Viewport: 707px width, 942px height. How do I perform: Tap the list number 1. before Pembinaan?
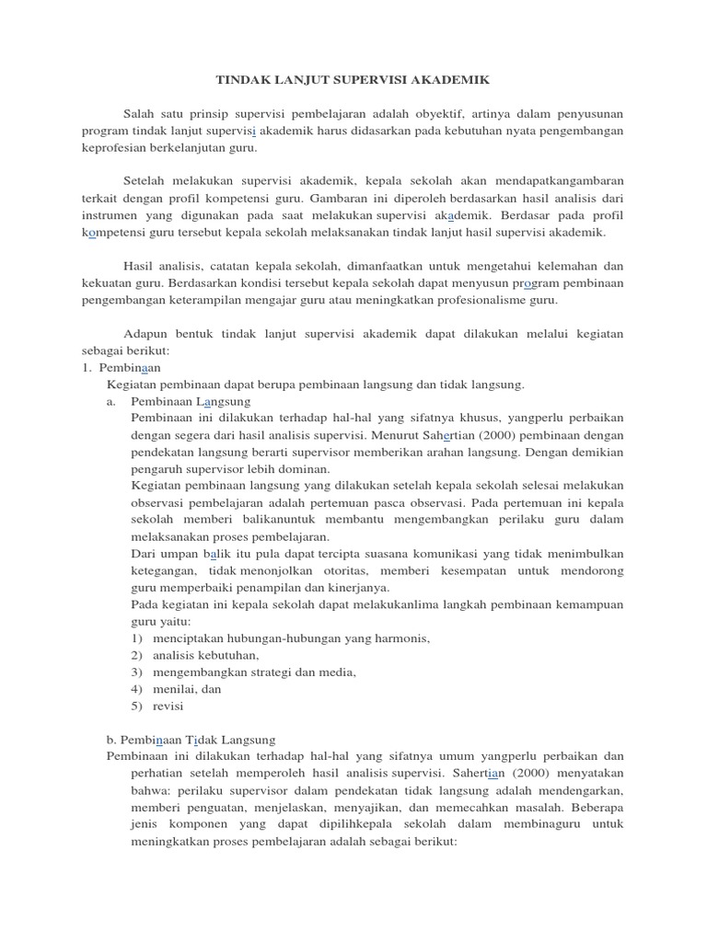click(x=88, y=367)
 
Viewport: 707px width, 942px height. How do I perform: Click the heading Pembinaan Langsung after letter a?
click(x=191, y=401)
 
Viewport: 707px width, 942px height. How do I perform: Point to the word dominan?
click(x=302, y=469)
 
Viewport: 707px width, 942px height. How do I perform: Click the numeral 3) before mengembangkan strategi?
click(x=137, y=672)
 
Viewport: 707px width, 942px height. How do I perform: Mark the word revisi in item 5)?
click(x=168, y=706)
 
